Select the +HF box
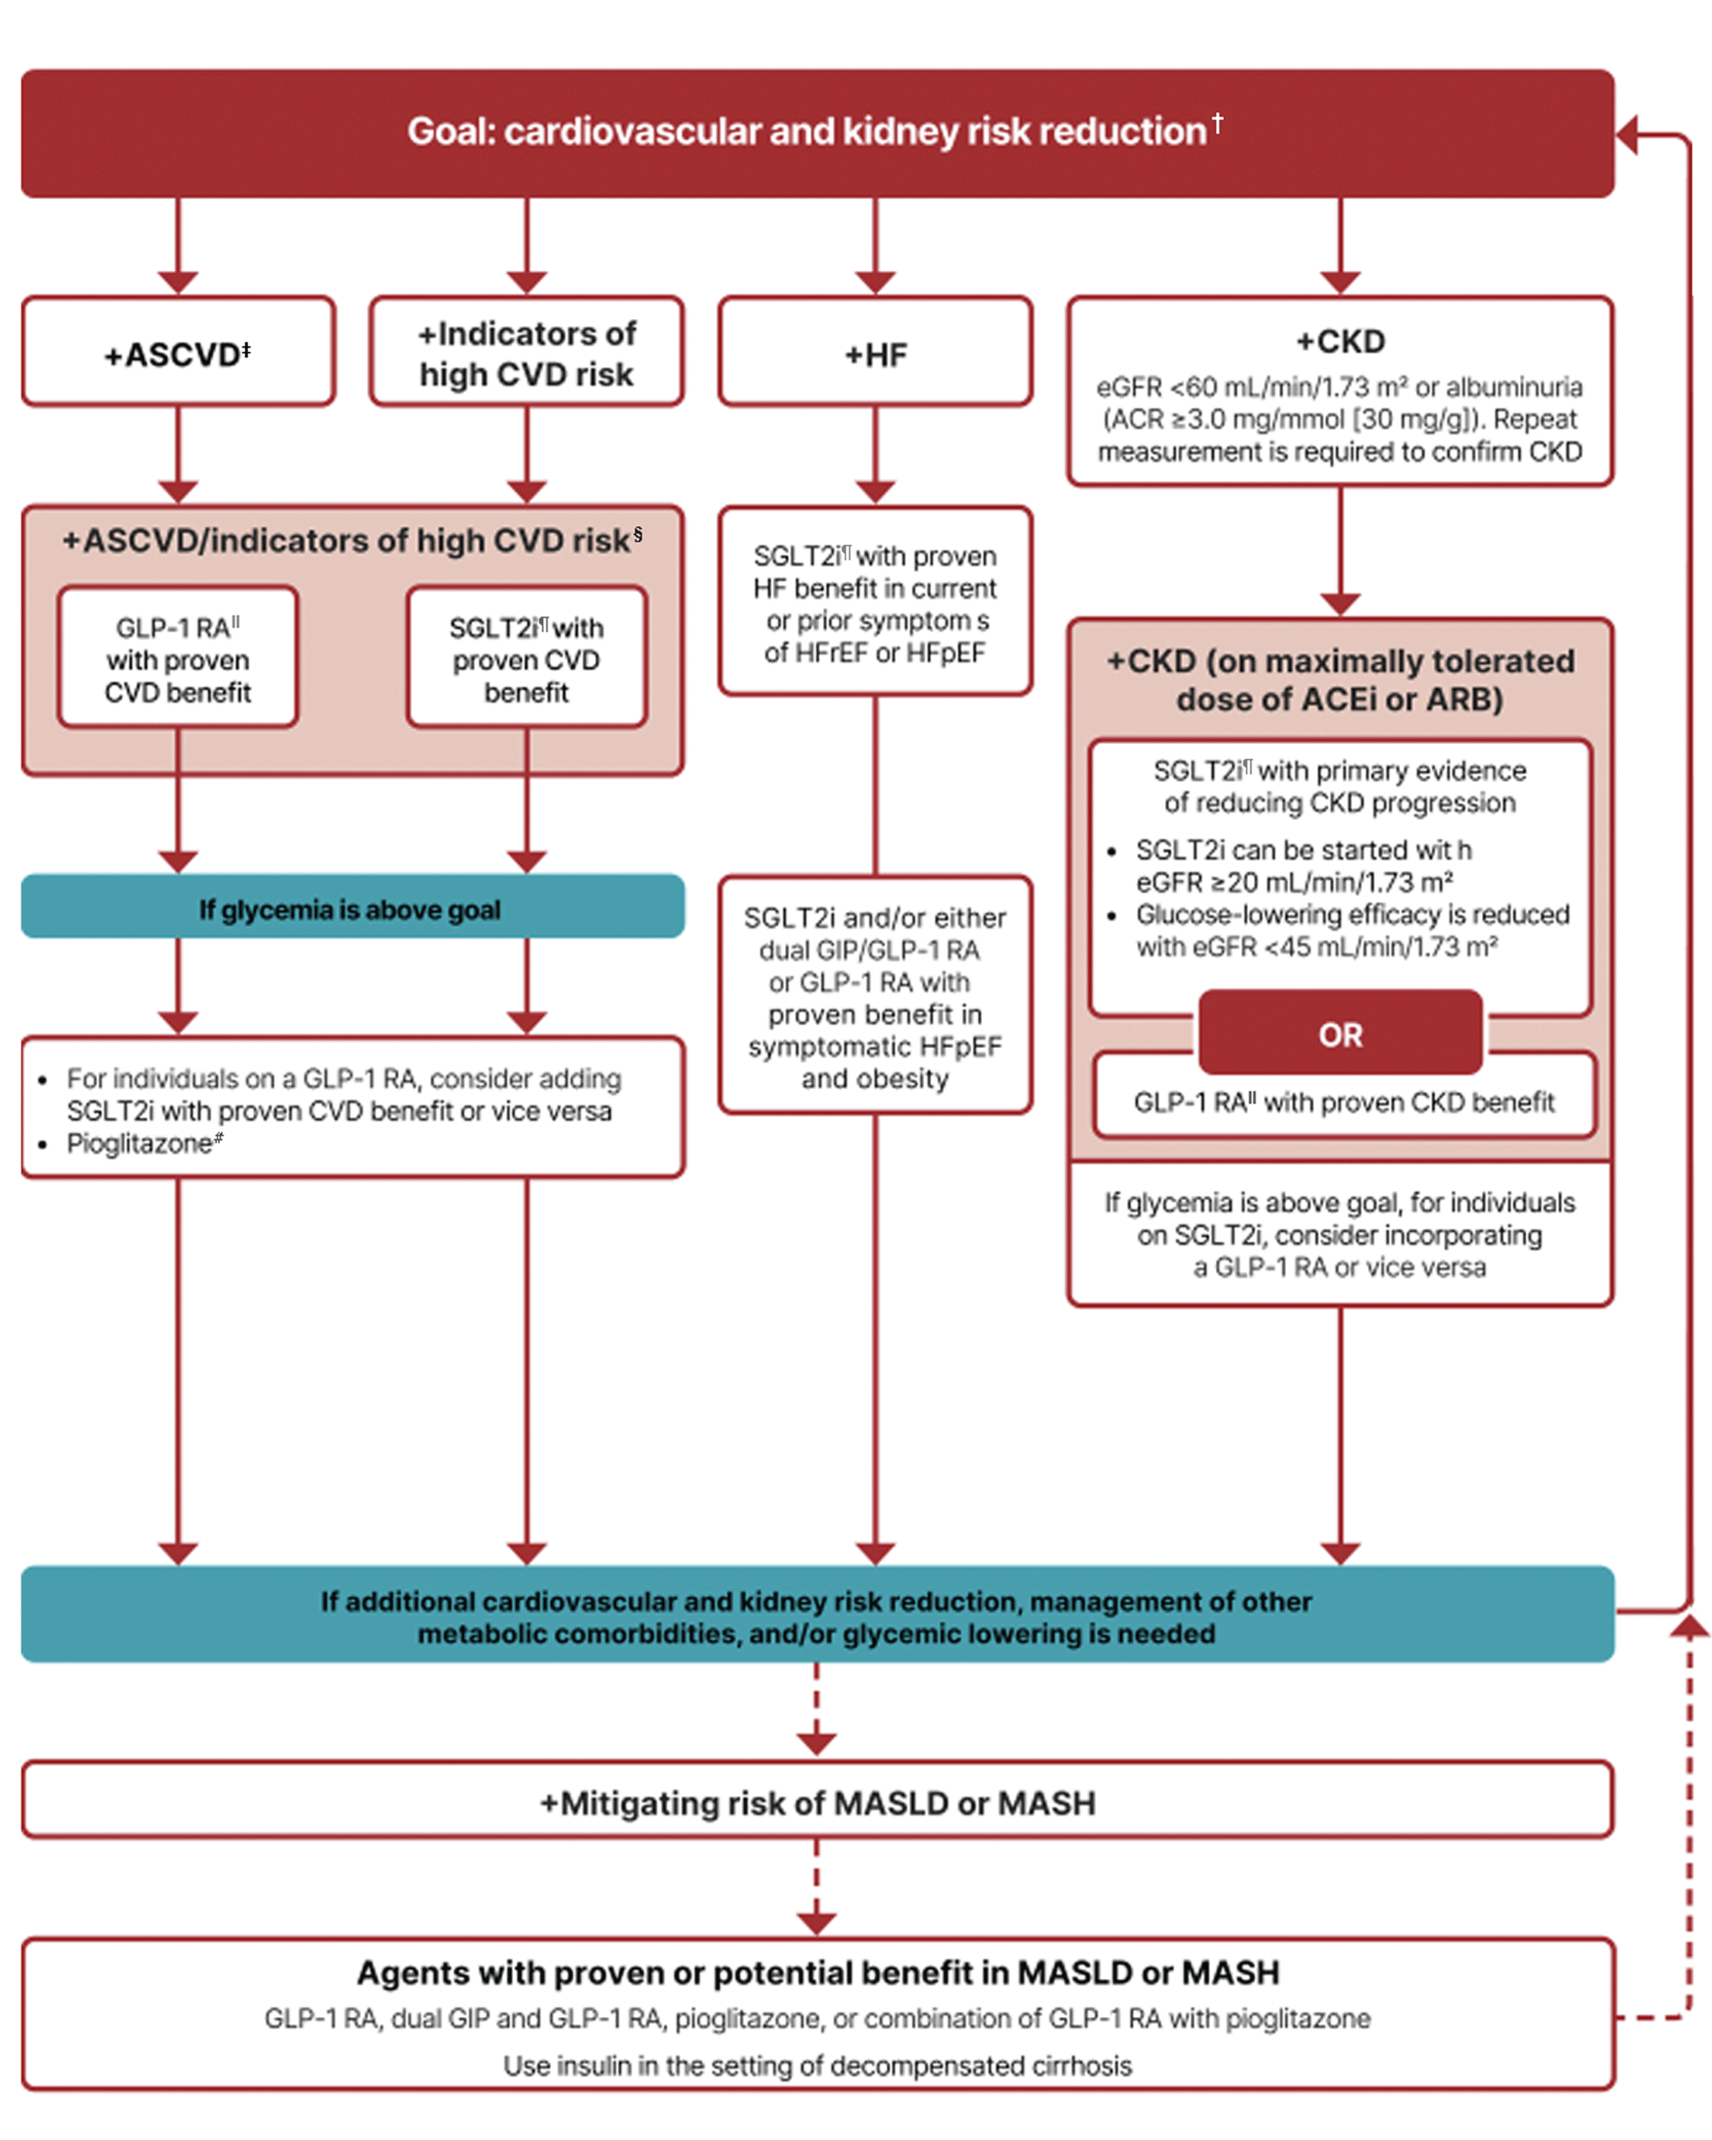874,353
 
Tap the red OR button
1339,1033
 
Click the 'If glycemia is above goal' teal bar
351,907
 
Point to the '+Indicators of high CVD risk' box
525,353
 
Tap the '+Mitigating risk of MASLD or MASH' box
816,1801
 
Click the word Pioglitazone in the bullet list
139,1143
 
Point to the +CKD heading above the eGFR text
1339,341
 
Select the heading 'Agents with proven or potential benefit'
816,1970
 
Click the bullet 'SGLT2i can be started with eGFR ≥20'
1300,864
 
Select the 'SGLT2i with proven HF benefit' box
874,603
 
